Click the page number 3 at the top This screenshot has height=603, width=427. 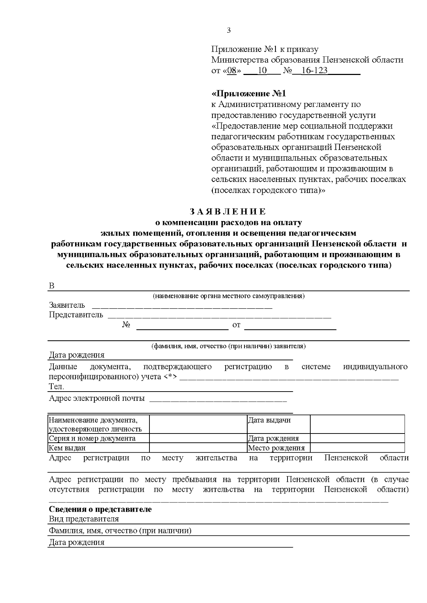pyautogui.click(x=228, y=30)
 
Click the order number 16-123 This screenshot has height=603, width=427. pyautogui.click(x=314, y=70)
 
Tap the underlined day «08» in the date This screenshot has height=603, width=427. pyautogui.click(x=232, y=70)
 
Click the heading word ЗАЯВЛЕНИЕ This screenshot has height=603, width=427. pyautogui.click(x=228, y=212)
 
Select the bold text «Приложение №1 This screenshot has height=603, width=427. pyautogui.click(x=249, y=94)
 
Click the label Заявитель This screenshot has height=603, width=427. pyautogui.click(x=67, y=305)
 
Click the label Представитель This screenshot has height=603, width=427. pyautogui.click(x=76, y=314)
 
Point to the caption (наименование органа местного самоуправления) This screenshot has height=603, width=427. pyautogui.click(x=228, y=296)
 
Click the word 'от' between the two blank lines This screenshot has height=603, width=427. pyautogui.click(x=236, y=325)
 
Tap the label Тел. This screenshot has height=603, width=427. pyautogui.click(x=57, y=387)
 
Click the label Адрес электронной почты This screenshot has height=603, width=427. pyautogui.click(x=97, y=398)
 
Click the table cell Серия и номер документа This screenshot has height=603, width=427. pyautogui.click(x=92, y=438)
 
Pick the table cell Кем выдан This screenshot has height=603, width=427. pyautogui.click(x=67, y=448)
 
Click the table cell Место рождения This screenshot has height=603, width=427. pyautogui.click(x=276, y=448)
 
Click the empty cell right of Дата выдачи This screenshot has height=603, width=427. pyautogui.click(x=357, y=424)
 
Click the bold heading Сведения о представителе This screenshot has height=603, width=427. pyautogui.click(x=100, y=509)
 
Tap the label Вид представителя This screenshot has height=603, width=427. pyautogui.click(x=84, y=519)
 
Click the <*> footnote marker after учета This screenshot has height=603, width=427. pyautogui.click(x=170, y=376)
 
